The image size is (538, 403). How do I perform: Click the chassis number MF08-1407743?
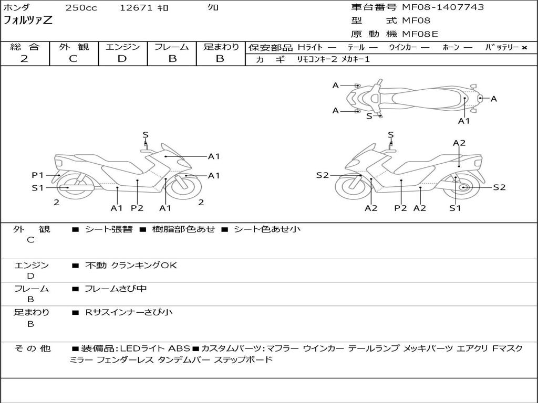click(443, 7)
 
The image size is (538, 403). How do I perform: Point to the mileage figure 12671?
click(136, 8)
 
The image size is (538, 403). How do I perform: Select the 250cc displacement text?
click(81, 8)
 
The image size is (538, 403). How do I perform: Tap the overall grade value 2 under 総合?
click(24, 59)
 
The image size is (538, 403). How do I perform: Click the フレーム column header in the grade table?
click(172, 47)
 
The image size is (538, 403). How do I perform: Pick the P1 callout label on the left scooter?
click(37, 175)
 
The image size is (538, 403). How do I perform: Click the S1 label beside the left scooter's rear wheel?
click(37, 188)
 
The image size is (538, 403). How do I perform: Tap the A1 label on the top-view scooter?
click(463, 121)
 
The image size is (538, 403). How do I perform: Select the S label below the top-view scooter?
click(369, 116)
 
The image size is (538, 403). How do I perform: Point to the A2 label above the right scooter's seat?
click(459, 143)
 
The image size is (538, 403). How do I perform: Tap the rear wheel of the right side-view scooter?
click(463, 187)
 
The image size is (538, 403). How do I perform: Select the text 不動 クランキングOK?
click(131, 266)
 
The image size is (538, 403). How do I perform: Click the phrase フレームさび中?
click(116, 289)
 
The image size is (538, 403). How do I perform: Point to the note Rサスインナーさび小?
click(129, 312)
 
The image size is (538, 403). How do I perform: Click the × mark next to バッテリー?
click(524, 48)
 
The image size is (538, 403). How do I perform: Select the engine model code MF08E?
click(420, 35)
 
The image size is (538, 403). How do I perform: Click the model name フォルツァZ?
click(28, 21)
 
